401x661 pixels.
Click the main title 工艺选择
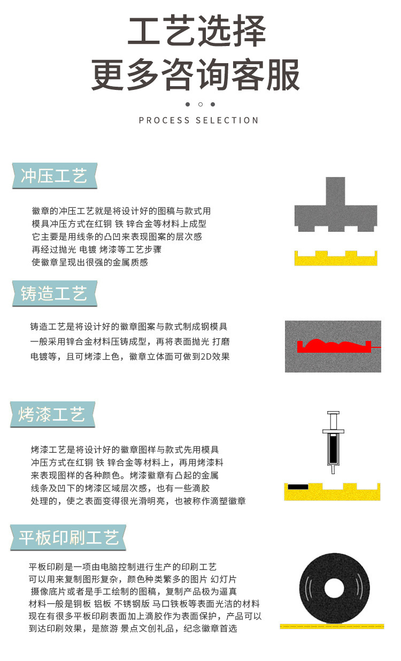(x=197, y=31)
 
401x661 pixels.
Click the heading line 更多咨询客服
(x=196, y=74)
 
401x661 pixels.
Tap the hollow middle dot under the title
(x=200, y=104)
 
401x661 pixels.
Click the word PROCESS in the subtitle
(x=164, y=120)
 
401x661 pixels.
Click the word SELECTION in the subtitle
(x=227, y=120)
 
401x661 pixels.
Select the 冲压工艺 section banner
(x=55, y=176)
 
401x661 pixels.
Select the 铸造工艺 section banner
(x=55, y=293)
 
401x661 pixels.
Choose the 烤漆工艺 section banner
(x=52, y=414)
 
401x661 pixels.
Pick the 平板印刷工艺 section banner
(x=68, y=537)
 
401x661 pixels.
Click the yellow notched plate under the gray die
(x=336, y=259)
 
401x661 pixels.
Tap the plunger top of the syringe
(x=333, y=413)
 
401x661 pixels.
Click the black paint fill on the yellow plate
(x=298, y=487)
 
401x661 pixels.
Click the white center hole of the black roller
(x=334, y=588)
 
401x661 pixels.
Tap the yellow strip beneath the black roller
(x=332, y=626)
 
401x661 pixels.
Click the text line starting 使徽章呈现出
(x=90, y=262)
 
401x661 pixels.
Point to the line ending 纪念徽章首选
(x=133, y=628)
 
